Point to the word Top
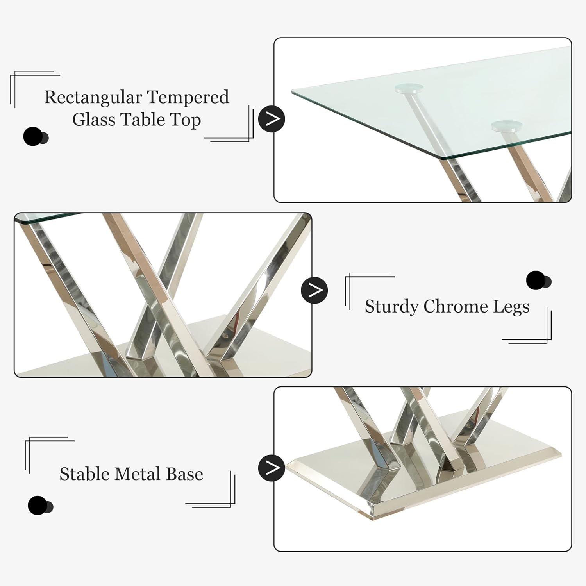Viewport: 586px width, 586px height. (x=186, y=120)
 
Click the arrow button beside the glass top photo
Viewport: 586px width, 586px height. (x=272, y=119)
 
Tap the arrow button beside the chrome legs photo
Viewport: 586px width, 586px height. (x=314, y=290)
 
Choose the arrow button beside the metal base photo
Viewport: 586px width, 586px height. (x=272, y=468)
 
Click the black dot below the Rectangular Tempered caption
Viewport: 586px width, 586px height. (x=33, y=137)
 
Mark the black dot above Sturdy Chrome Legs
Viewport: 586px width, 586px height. (x=536, y=280)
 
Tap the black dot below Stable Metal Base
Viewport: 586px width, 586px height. (x=38, y=506)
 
